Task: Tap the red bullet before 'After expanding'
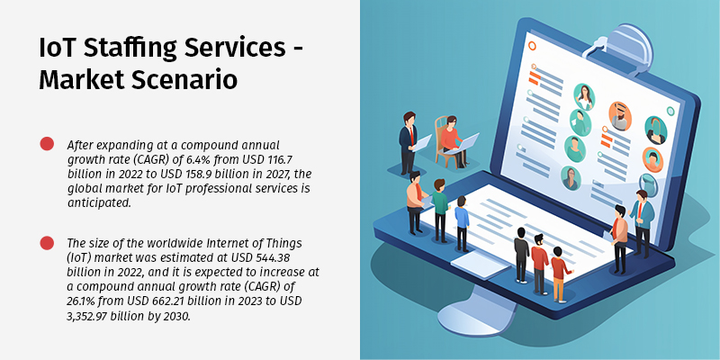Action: point(47,144)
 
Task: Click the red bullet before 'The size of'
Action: point(47,243)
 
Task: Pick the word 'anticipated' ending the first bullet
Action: point(100,202)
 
